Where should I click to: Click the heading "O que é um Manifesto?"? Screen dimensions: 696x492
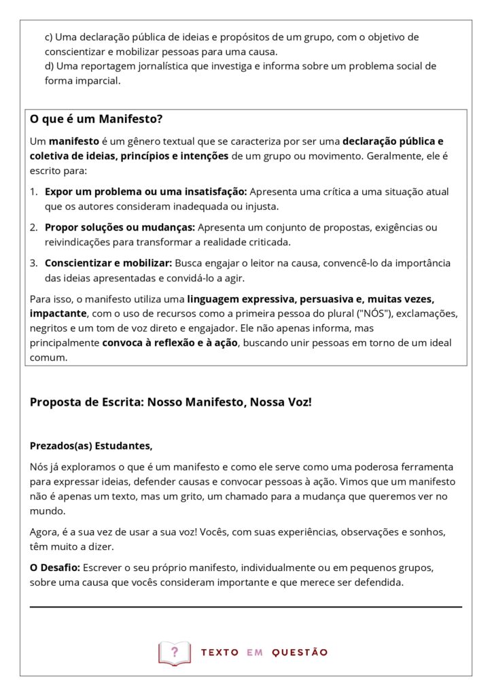96,119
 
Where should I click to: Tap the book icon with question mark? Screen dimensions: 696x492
175,652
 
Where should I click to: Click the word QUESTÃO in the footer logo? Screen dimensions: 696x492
300,652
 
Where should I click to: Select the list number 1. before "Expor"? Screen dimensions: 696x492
34,192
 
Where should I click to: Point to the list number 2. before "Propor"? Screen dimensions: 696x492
34,227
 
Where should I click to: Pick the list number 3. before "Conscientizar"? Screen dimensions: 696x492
34,262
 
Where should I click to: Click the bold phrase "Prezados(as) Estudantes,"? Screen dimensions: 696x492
91,446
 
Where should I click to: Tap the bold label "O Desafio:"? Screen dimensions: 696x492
55,567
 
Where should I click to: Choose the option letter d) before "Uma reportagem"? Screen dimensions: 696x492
50,66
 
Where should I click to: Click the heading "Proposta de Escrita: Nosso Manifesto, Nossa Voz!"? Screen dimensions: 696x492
171,402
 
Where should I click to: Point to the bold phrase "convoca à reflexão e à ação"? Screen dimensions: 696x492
170,343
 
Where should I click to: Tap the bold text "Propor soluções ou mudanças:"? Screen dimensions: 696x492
120,227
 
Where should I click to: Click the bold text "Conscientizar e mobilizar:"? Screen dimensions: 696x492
109,262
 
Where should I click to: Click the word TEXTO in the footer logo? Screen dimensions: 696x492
219,652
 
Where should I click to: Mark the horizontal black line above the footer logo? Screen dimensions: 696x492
245,606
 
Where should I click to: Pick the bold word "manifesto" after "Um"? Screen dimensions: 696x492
74,141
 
